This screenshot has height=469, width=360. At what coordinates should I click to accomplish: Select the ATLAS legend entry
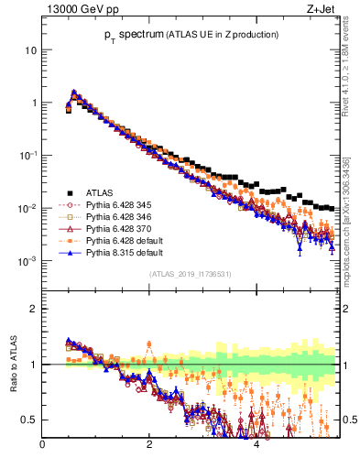pos(99,192)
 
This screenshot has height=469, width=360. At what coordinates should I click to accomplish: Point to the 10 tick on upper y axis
pos(30,50)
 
